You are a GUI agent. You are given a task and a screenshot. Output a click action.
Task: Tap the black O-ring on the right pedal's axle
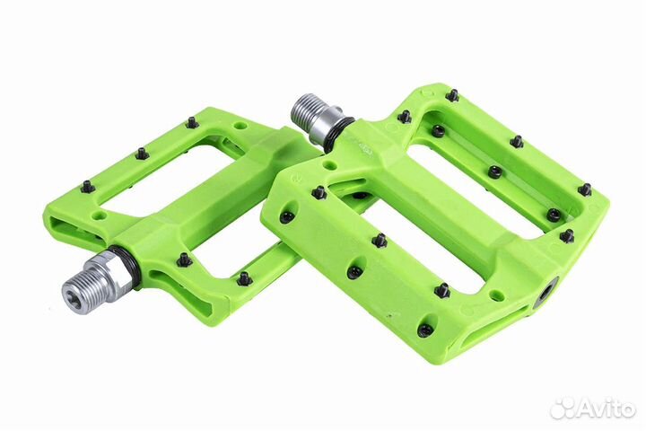tap(338, 133)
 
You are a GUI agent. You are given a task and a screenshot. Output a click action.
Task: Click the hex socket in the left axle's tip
tap(73, 292)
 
